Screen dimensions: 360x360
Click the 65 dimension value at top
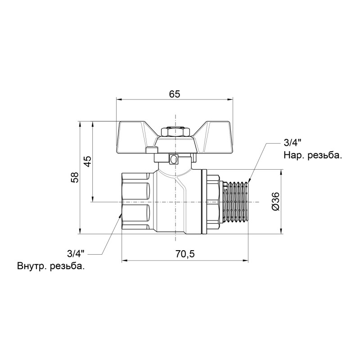point(175,94)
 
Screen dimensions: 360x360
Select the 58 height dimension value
point(75,177)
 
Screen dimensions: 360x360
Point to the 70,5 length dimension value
point(185,254)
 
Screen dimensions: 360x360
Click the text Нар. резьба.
point(313,156)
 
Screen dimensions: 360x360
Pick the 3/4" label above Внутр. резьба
point(75,252)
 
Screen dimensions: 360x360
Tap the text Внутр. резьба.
point(51,265)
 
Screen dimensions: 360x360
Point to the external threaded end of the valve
point(236,202)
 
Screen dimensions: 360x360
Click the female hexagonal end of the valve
point(137,202)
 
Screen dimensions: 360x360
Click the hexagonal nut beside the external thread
point(214,202)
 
